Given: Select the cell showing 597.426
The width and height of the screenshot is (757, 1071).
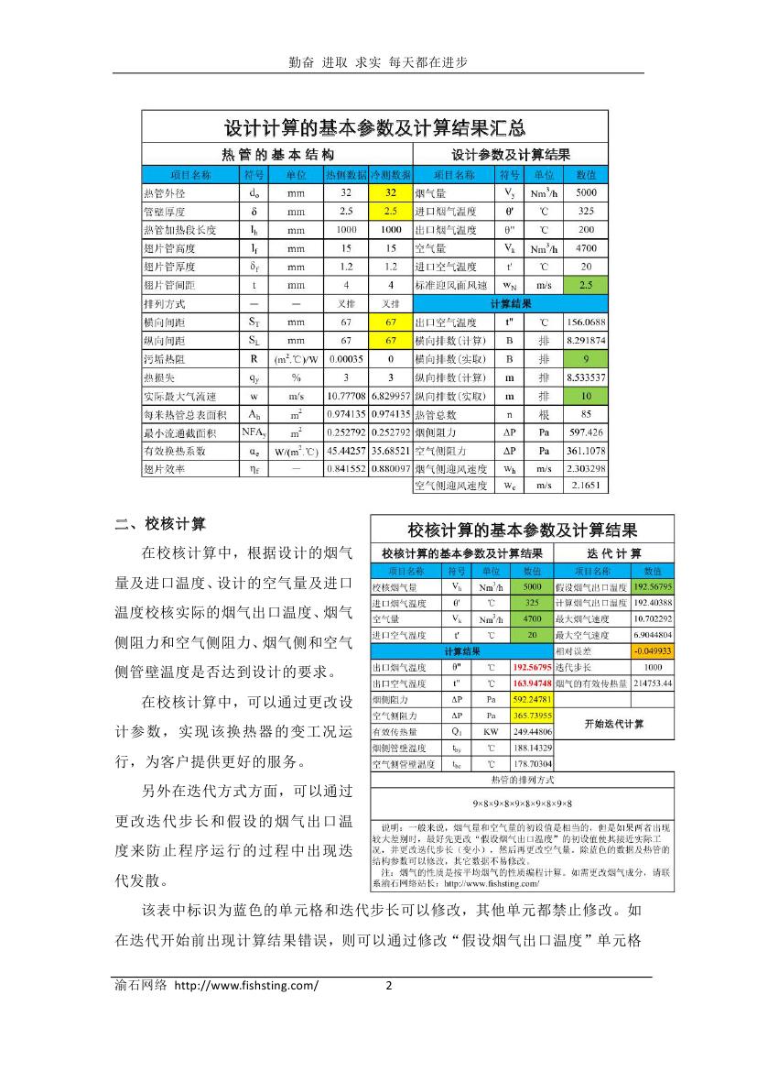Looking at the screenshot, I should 586,432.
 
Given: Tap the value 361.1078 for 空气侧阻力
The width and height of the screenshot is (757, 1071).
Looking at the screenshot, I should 586,451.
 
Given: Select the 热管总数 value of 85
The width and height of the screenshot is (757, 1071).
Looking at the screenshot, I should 586,414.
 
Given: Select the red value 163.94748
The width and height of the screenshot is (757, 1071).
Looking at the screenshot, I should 531,683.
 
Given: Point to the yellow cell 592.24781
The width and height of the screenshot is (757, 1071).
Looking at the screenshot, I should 531,700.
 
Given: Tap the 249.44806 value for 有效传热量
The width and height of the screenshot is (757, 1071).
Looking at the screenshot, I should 531,732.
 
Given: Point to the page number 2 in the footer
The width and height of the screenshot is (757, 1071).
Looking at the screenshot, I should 387,986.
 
